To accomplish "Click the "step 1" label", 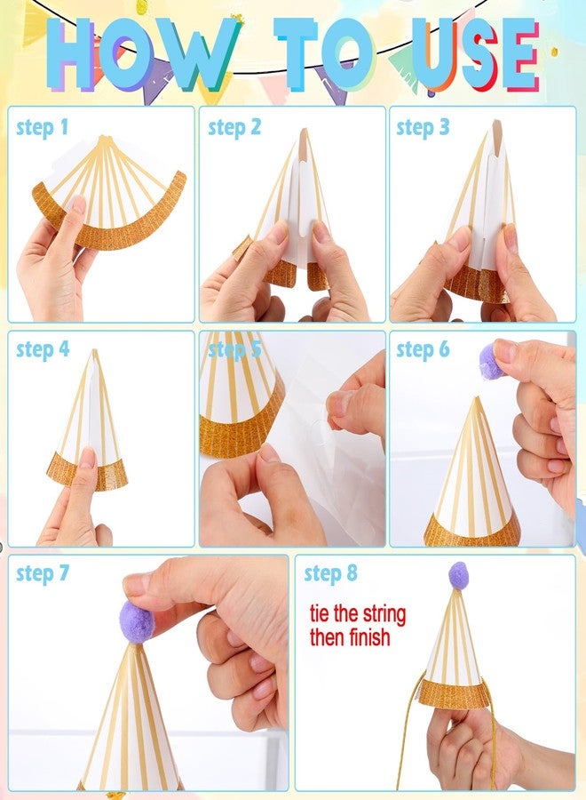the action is [43, 128].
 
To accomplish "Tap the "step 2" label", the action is [234, 127].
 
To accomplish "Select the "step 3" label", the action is [423, 127].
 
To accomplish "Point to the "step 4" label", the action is [43, 350].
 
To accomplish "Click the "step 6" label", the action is [423, 350].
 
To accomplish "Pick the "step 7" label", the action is [43, 573].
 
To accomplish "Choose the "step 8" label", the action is [330, 573].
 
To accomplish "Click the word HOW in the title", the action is [143, 54].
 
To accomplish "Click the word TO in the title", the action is [326, 54].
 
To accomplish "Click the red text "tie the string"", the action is [358, 615].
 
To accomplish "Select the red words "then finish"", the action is [350, 637].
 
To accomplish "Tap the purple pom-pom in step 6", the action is [491, 361].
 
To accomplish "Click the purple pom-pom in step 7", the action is [137, 621].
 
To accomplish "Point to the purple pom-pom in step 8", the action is [459, 575].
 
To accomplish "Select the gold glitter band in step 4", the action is [87, 473].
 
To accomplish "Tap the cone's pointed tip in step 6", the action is [477, 398].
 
